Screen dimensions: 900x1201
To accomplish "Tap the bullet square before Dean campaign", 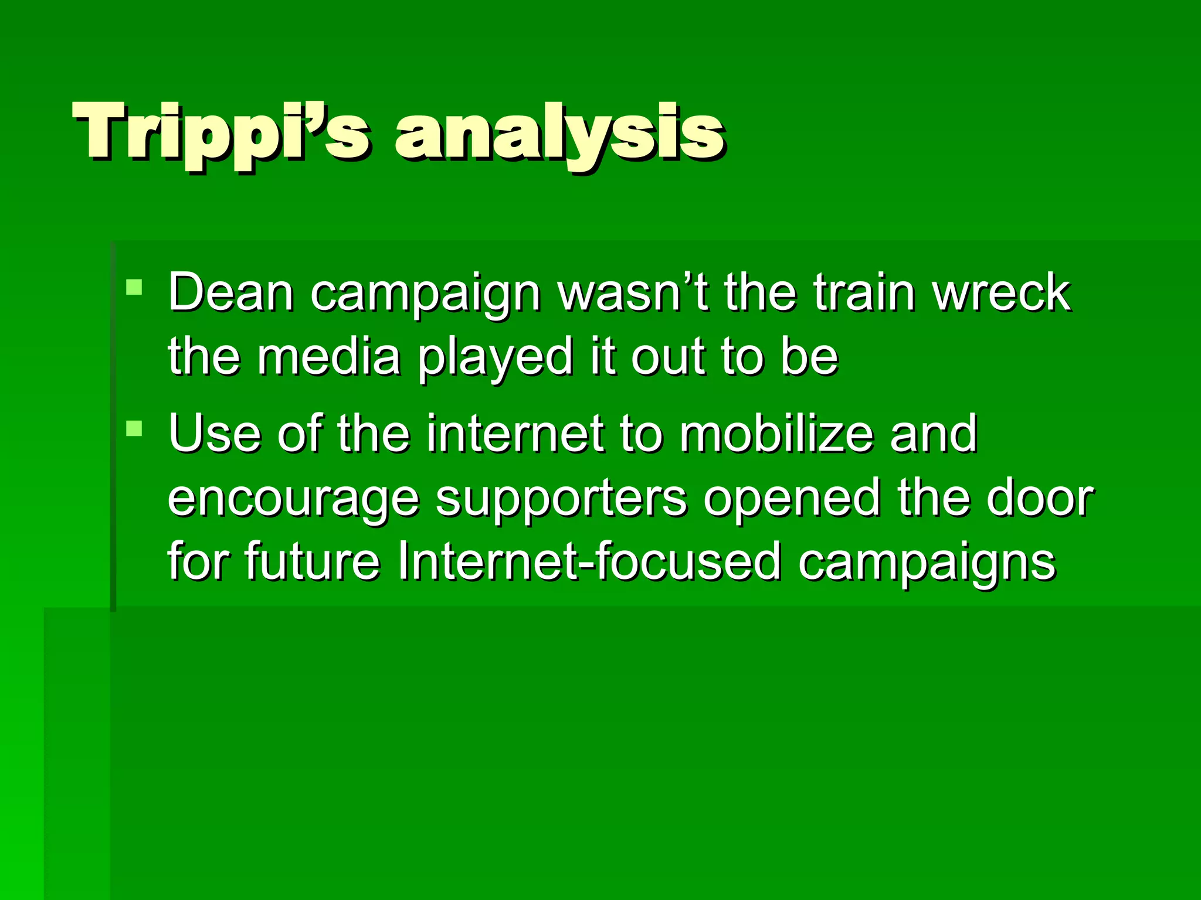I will coord(134,287).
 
